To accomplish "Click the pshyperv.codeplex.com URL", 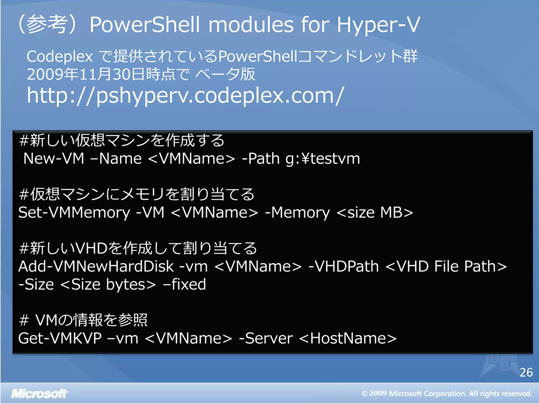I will (x=185, y=95).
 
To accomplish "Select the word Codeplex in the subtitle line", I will (x=60, y=57).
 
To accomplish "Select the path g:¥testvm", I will (x=323, y=159).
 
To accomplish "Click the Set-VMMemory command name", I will (x=74, y=213).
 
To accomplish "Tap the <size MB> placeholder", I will (x=375, y=213).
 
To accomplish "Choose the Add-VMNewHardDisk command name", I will (x=96, y=266).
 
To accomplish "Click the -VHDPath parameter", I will (x=343, y=266).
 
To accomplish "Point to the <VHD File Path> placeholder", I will (x=446, y=266).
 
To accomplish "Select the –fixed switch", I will (x=184, y=284).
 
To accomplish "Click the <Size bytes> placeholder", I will (x=108, y=284).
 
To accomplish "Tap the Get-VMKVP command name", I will (x=60, y=338).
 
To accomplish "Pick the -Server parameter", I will (x=266, y=338).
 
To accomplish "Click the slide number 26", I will (x=526, y=372).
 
